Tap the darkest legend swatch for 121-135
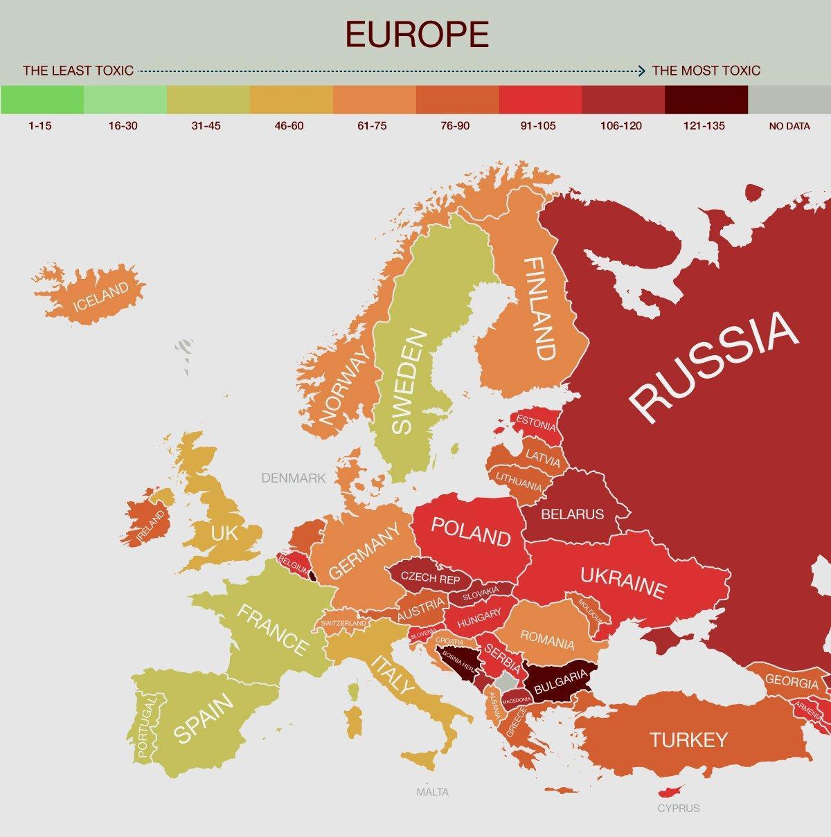click(706, 100)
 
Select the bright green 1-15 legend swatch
click(42, 100)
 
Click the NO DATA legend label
click(789, 127)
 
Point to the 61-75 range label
click(373, 127)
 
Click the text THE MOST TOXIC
click(706, 71)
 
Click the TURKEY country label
click(688, 740)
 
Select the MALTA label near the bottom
click(432, 792)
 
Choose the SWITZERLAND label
click(343, 624)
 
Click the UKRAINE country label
click(623, 582)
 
